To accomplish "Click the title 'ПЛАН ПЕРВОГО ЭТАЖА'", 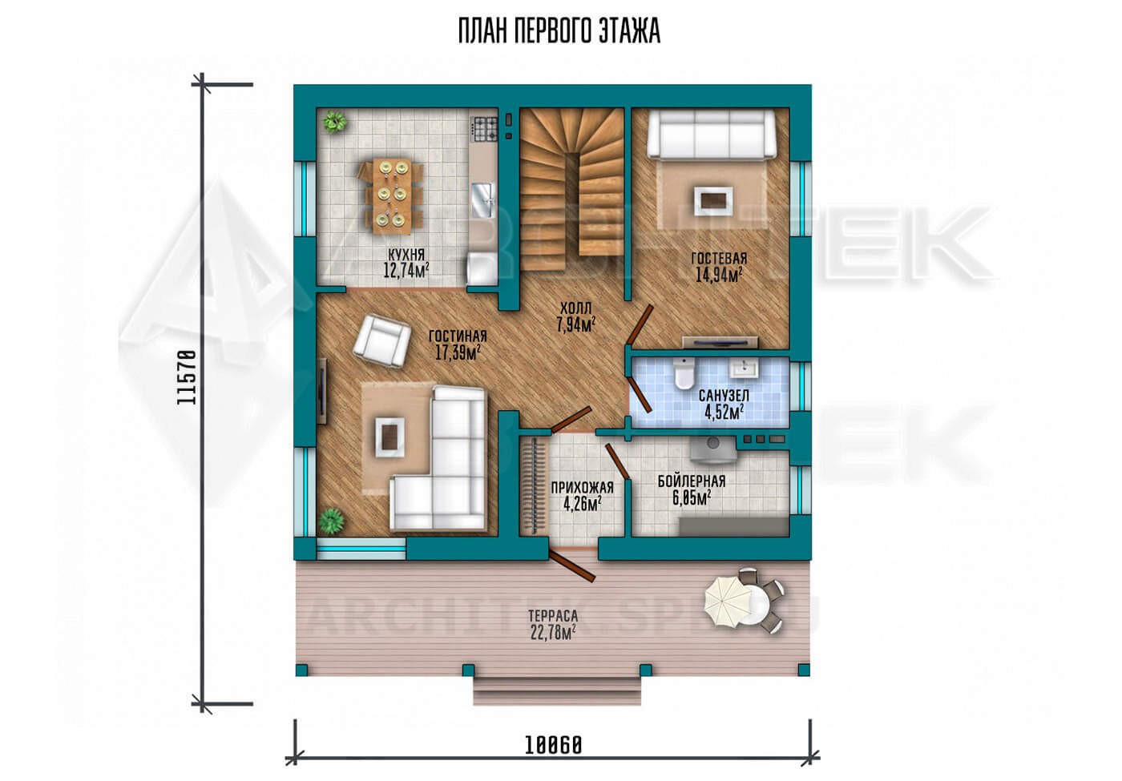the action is pos(559,31).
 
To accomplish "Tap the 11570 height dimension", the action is pos(186,377).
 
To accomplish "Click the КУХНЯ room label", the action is pos(406,255).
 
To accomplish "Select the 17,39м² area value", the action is pos(458,353).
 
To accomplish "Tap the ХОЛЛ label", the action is pos(575,308).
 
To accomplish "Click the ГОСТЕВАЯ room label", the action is pos(719,258).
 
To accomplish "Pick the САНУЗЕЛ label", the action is pos(724,396).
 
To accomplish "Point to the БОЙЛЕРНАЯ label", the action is pos(691,481).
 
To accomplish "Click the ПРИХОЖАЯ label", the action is pos(582,488).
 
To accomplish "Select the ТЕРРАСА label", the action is pos(553,616).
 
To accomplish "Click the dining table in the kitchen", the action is pos(393,195).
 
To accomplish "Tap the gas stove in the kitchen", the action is pos(485,129).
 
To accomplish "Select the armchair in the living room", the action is pos(381,342).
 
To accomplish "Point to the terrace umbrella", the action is pos(728,602).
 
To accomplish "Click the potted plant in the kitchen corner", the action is pos(334,122).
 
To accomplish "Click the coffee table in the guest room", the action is pos(713,201).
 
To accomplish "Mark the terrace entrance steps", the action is pos(557,690).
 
